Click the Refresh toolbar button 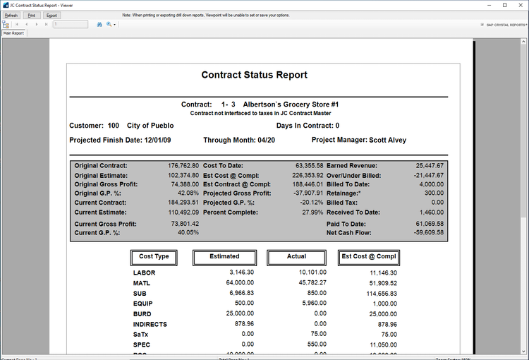click(11, 15)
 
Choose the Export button click(52, 15)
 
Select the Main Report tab click(13, 32)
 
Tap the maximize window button click(504, 5)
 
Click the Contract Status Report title click(254, 76)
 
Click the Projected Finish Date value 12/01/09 click(159, 140)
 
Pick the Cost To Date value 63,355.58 click(305, 165)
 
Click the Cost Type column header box click(154, 257)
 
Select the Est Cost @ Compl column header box click(368, 257)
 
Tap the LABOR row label click(144, 272)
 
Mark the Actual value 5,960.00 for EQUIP click(310, 303)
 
